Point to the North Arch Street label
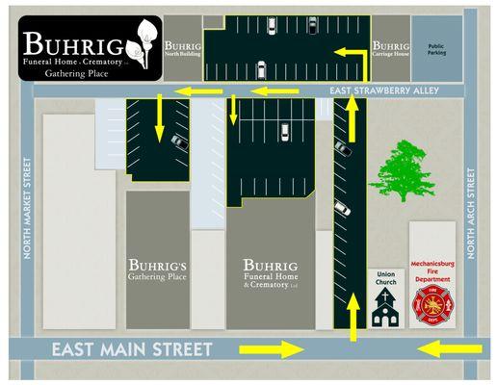click(x=471, y=215)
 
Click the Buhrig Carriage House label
click(x=389, y=48)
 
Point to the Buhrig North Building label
click(x=181, y=48)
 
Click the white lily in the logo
click(x=144, y=42)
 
